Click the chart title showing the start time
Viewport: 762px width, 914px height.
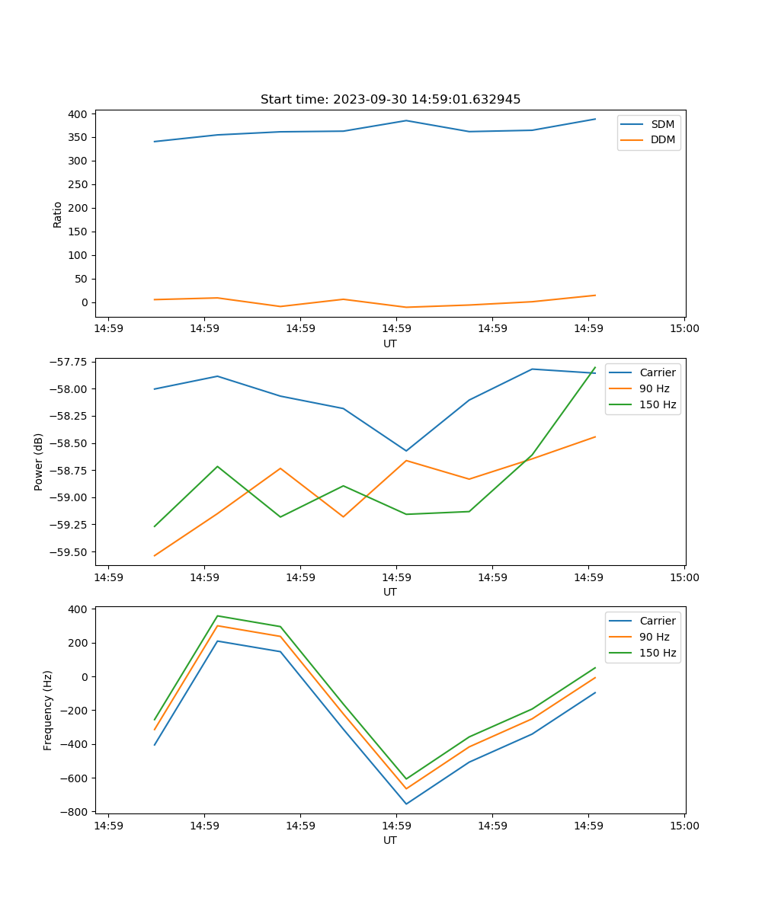(x=390, y=100)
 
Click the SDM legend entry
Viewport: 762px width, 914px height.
(x=661, y=124)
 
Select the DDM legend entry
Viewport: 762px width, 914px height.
(x=662, y=139)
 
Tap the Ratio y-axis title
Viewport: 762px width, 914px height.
(x=58, y=214)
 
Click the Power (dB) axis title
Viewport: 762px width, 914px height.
(x=39, y=462)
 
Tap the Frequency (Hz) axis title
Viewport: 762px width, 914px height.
(x=48, y=710)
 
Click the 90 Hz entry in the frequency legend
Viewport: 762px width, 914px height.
(x=654, y=637)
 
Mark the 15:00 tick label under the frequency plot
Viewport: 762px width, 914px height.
(x=684, y=825)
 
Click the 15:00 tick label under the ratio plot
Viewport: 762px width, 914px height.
(x=684, y=328)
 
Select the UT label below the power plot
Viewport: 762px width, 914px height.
(x=390, y=592)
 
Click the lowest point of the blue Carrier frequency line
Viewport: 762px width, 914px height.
(x=406, y=804)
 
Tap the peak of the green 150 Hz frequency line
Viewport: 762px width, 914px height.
(x=218, y=615)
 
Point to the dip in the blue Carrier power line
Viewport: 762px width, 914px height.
(x=406, y=451)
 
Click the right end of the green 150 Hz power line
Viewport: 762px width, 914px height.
(x=595, y=367)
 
